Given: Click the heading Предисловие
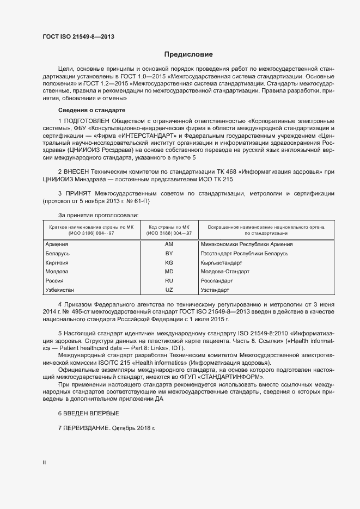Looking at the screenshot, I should click(x=188, y=54).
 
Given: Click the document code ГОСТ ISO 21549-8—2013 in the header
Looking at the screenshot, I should click(x=78, y=37).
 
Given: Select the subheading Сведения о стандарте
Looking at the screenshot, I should click(x=88, y=110).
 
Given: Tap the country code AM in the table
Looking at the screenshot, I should click(x=169, y=244).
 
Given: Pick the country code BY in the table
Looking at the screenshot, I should click(x=169, y=254).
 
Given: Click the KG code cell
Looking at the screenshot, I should click(x=169, y=262).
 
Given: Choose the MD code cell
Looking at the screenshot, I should click(x=169, y=272).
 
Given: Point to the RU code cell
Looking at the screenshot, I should click(x=169, y=281).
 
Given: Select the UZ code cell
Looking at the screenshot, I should click(x=169, y=290).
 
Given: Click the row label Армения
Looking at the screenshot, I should click(x=57, y=244).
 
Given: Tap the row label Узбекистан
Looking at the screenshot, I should click(x=60, y=290).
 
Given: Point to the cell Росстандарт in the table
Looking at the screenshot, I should click(x=217, y=281).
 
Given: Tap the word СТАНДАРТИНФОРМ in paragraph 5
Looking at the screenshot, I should click(x=230, y=377).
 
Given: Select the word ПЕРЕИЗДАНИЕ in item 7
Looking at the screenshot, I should click(x=87, y=429).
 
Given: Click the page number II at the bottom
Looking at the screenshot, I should click(x=45, y=462).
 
